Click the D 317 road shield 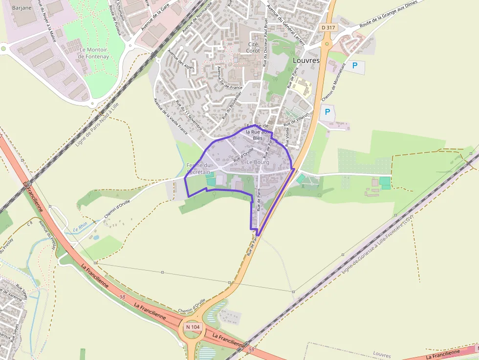pyautogui.click(x=328, y=28)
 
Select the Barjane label pyautogui.click(x=22, y=7)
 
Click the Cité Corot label pyautogui.click(x=253, y=47)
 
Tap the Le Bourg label pyautogui.click(x=258, y=162)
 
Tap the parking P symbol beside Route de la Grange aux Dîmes pyautogui.click(x=355, y=65)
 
